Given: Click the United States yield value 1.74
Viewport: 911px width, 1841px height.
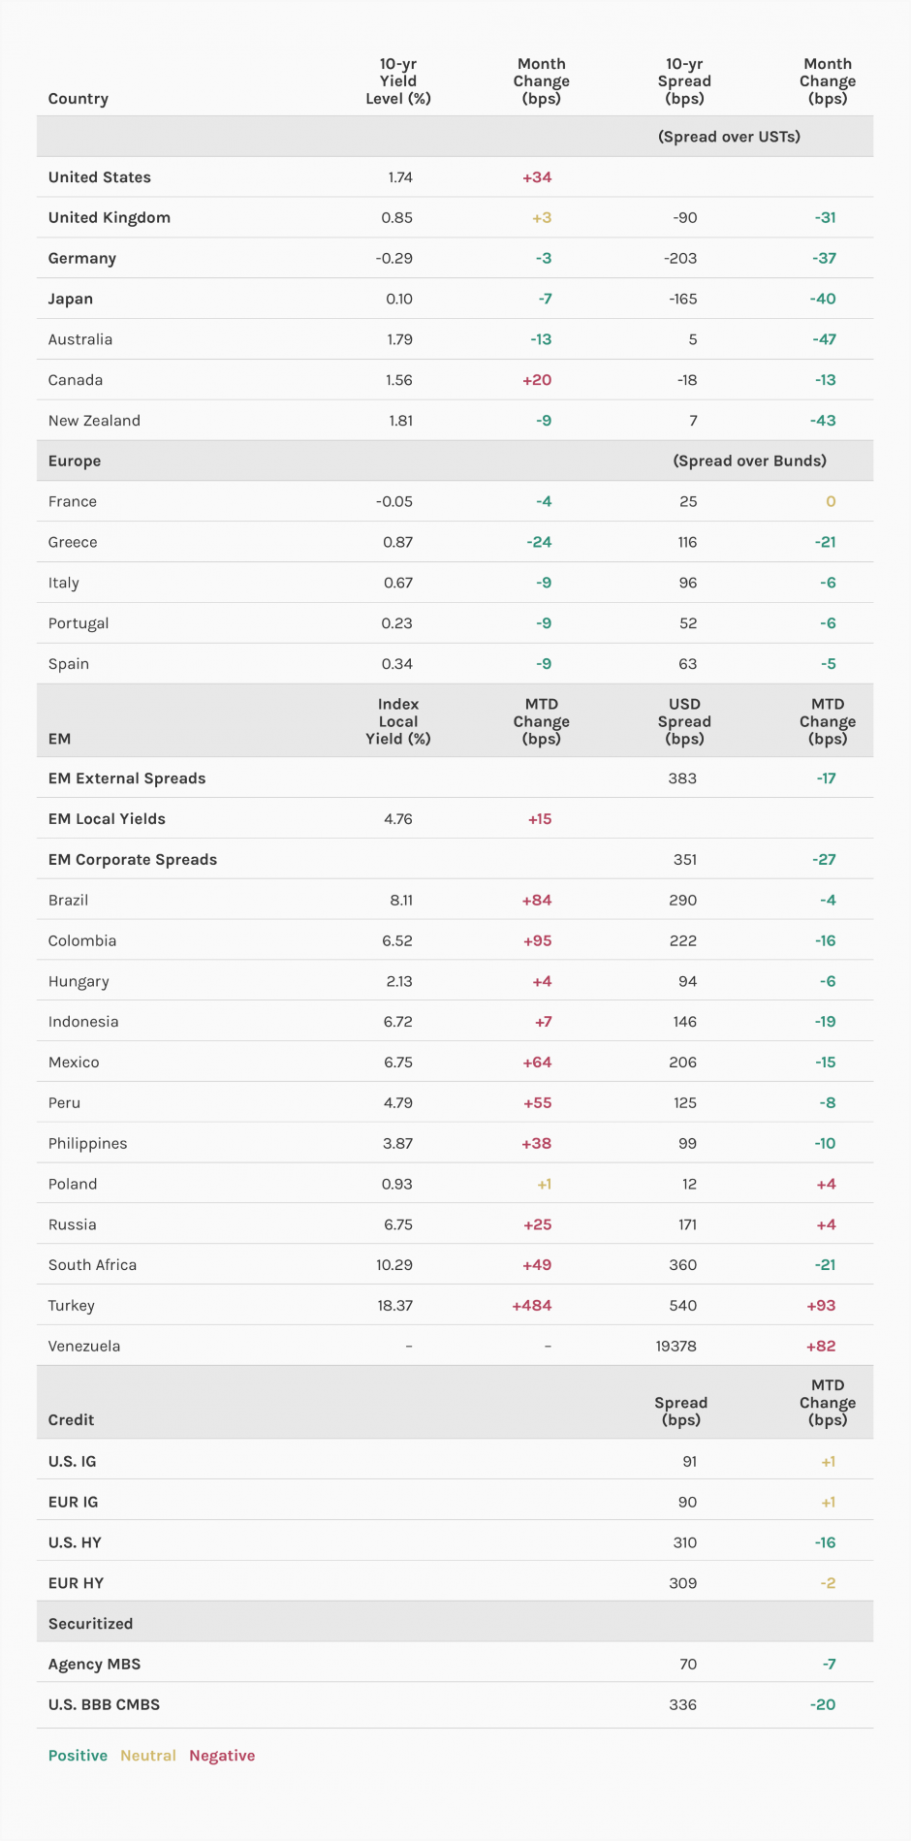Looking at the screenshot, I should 399,177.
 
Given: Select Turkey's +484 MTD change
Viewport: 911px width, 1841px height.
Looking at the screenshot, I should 531,1306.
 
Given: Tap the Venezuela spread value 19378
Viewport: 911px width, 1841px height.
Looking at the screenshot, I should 675,1347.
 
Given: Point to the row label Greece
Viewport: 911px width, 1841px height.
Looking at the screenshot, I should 73,543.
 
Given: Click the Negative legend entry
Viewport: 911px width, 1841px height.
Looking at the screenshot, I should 222,1756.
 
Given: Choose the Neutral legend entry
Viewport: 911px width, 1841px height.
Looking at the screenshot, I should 148,1756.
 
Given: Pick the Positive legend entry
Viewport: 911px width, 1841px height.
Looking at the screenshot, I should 78,1756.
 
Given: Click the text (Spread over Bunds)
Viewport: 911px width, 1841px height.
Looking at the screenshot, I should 749,461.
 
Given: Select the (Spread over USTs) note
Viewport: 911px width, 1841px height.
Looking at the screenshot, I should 729,137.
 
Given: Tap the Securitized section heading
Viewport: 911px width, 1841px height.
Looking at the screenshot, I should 90,1624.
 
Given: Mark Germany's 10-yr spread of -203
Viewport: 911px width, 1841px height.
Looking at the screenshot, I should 680,259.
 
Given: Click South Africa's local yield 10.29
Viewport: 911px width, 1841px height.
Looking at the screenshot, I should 394,1265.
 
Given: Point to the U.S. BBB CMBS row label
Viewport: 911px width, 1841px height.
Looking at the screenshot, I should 104,1705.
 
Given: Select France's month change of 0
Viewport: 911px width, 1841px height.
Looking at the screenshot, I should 831,502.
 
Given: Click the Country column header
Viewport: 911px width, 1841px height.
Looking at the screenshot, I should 78,99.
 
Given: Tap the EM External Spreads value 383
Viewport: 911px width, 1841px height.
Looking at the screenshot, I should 682,778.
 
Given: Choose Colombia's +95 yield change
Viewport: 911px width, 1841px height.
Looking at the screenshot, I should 537,941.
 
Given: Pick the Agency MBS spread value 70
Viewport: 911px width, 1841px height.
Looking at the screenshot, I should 687,1665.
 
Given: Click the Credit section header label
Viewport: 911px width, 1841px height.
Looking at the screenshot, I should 71,1420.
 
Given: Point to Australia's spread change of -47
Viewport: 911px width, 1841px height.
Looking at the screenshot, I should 824,340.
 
